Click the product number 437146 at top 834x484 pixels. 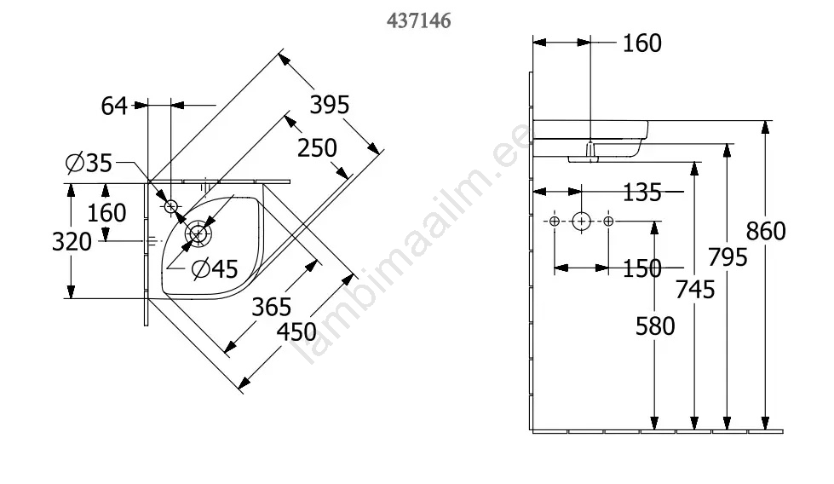[x=418, y=20]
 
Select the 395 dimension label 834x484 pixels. [x=330, y=105]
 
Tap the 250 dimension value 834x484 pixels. [x=317, y=148]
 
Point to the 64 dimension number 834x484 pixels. [x=114, y=106]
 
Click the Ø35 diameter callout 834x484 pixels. [x=89, y=163]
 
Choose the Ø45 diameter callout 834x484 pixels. [x=215, y=269]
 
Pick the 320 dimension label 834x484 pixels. [x=72, y=242]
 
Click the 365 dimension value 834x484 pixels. [x=271, y=307]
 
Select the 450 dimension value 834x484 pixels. [x=296, y=332]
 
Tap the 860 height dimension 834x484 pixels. [x=766, y=231]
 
